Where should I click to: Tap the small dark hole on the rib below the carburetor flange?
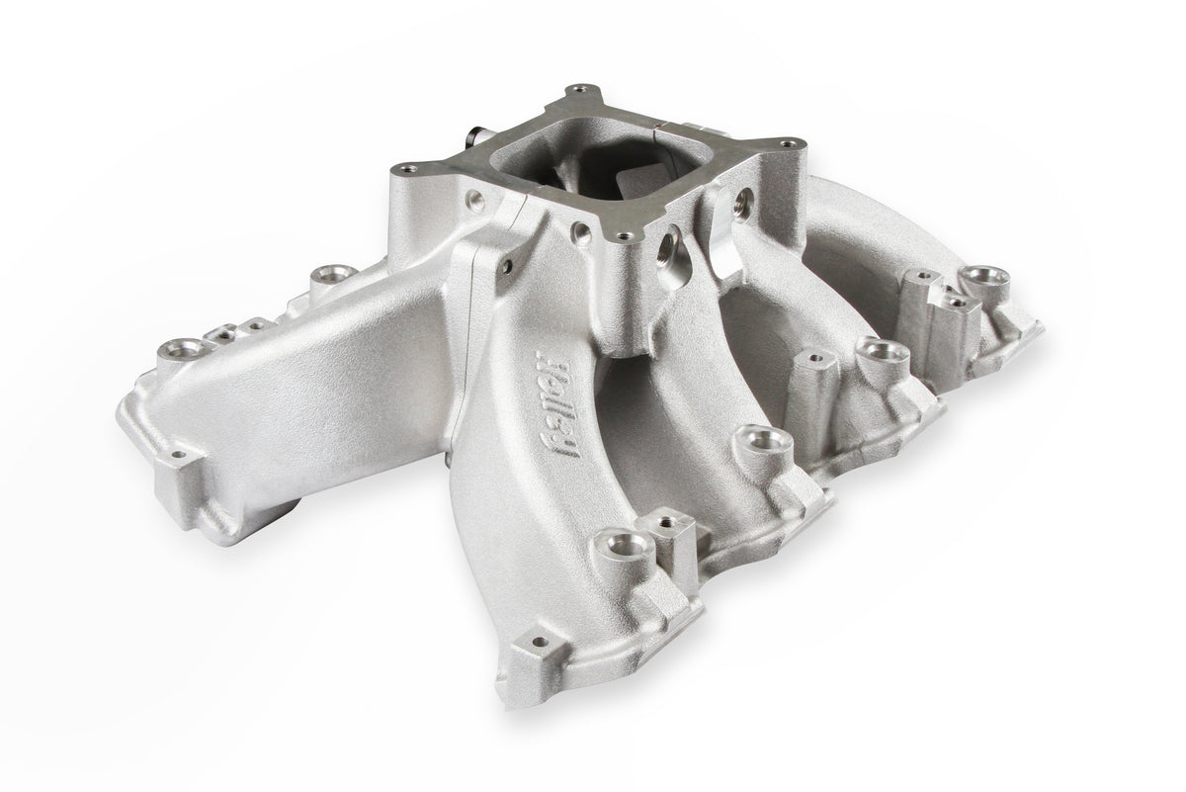(x=508, y=265)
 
